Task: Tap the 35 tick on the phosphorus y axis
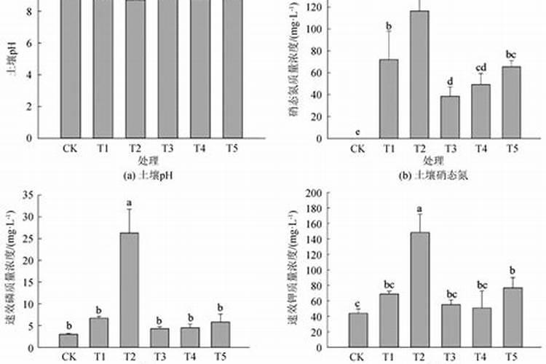tap(28, 194)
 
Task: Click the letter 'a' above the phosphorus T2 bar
tap(129, 203)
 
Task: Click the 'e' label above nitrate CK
tap(357, 132)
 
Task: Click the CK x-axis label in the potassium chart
tap(357, 356)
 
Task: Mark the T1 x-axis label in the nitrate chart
tap(388, 149)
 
